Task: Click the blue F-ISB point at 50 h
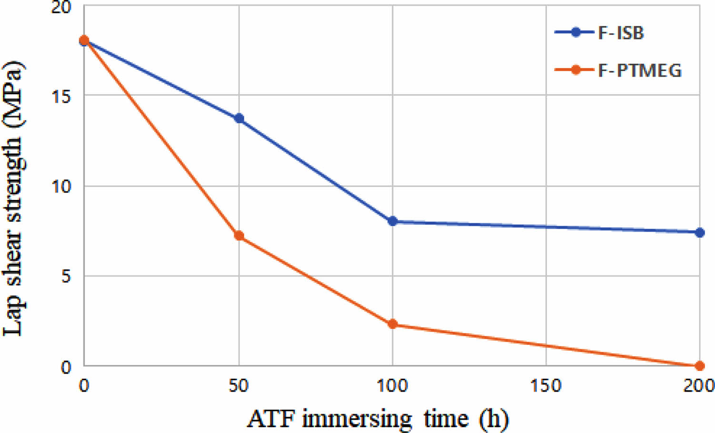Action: click(x=239, y=118)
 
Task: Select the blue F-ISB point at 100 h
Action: click(x=392, y=221)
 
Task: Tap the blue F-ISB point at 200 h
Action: click(x=699, y=233)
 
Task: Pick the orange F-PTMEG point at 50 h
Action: click(x=239, y=236)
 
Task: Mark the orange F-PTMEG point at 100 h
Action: click(x=392, y=325)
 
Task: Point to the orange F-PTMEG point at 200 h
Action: click(x=699, y=366)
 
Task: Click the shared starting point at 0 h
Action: click(x=84, y=40)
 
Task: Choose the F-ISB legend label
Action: click(x=621, y=33)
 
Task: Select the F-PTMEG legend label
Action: click(x=640, y=70)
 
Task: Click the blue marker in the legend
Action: click(x=576, y=32)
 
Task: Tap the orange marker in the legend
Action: click(x=576, y=70)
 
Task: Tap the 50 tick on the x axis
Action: click(x=238, y=385)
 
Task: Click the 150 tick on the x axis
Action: click(x=546, y=385)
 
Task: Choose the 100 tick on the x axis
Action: click(x=392, y=385)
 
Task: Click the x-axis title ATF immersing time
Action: click(x=377, y=419)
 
